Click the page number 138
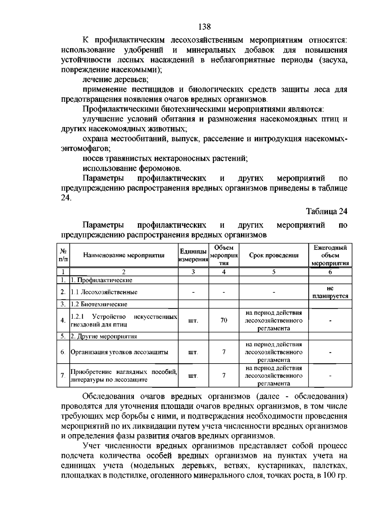pos(204,27)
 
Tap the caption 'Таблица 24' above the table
pos(326,211)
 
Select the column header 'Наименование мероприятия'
pos(124,255)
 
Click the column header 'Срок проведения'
pos(274,255)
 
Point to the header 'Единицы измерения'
pos(193,255)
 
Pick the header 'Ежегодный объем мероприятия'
pos(330,255)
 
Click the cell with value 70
pos(224,320)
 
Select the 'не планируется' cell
pos(330,292)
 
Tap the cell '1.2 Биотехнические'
pos(99,304)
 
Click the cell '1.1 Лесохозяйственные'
pos(104,292)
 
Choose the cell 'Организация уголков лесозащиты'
pos(120,352)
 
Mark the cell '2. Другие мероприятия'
pos(104,336)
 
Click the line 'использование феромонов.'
pos(132,168)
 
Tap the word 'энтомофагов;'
pos(86,149)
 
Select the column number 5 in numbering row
pos(274,272)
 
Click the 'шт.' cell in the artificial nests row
pos(193,320)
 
